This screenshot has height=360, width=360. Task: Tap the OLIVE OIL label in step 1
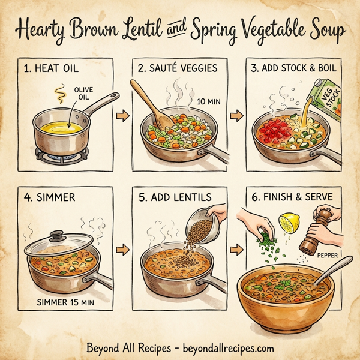coord(83,94)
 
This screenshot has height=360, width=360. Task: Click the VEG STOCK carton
coord(329,96)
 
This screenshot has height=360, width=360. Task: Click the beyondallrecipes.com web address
coord(223,347)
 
